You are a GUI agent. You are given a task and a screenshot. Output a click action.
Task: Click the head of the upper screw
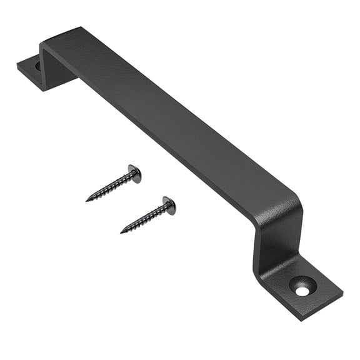134,174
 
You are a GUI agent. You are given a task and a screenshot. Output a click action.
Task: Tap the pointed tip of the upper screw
87,200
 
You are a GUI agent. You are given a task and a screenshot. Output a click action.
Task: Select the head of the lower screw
169,205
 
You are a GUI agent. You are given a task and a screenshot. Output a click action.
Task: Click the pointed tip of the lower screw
121,232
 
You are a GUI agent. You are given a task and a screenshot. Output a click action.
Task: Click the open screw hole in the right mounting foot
302,291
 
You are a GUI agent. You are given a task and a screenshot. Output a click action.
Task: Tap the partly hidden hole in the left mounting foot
38,65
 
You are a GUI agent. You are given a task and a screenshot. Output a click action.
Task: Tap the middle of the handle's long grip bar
169,125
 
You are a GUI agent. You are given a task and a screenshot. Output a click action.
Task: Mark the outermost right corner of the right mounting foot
342,292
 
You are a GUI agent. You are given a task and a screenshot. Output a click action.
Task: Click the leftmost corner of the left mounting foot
17,64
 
